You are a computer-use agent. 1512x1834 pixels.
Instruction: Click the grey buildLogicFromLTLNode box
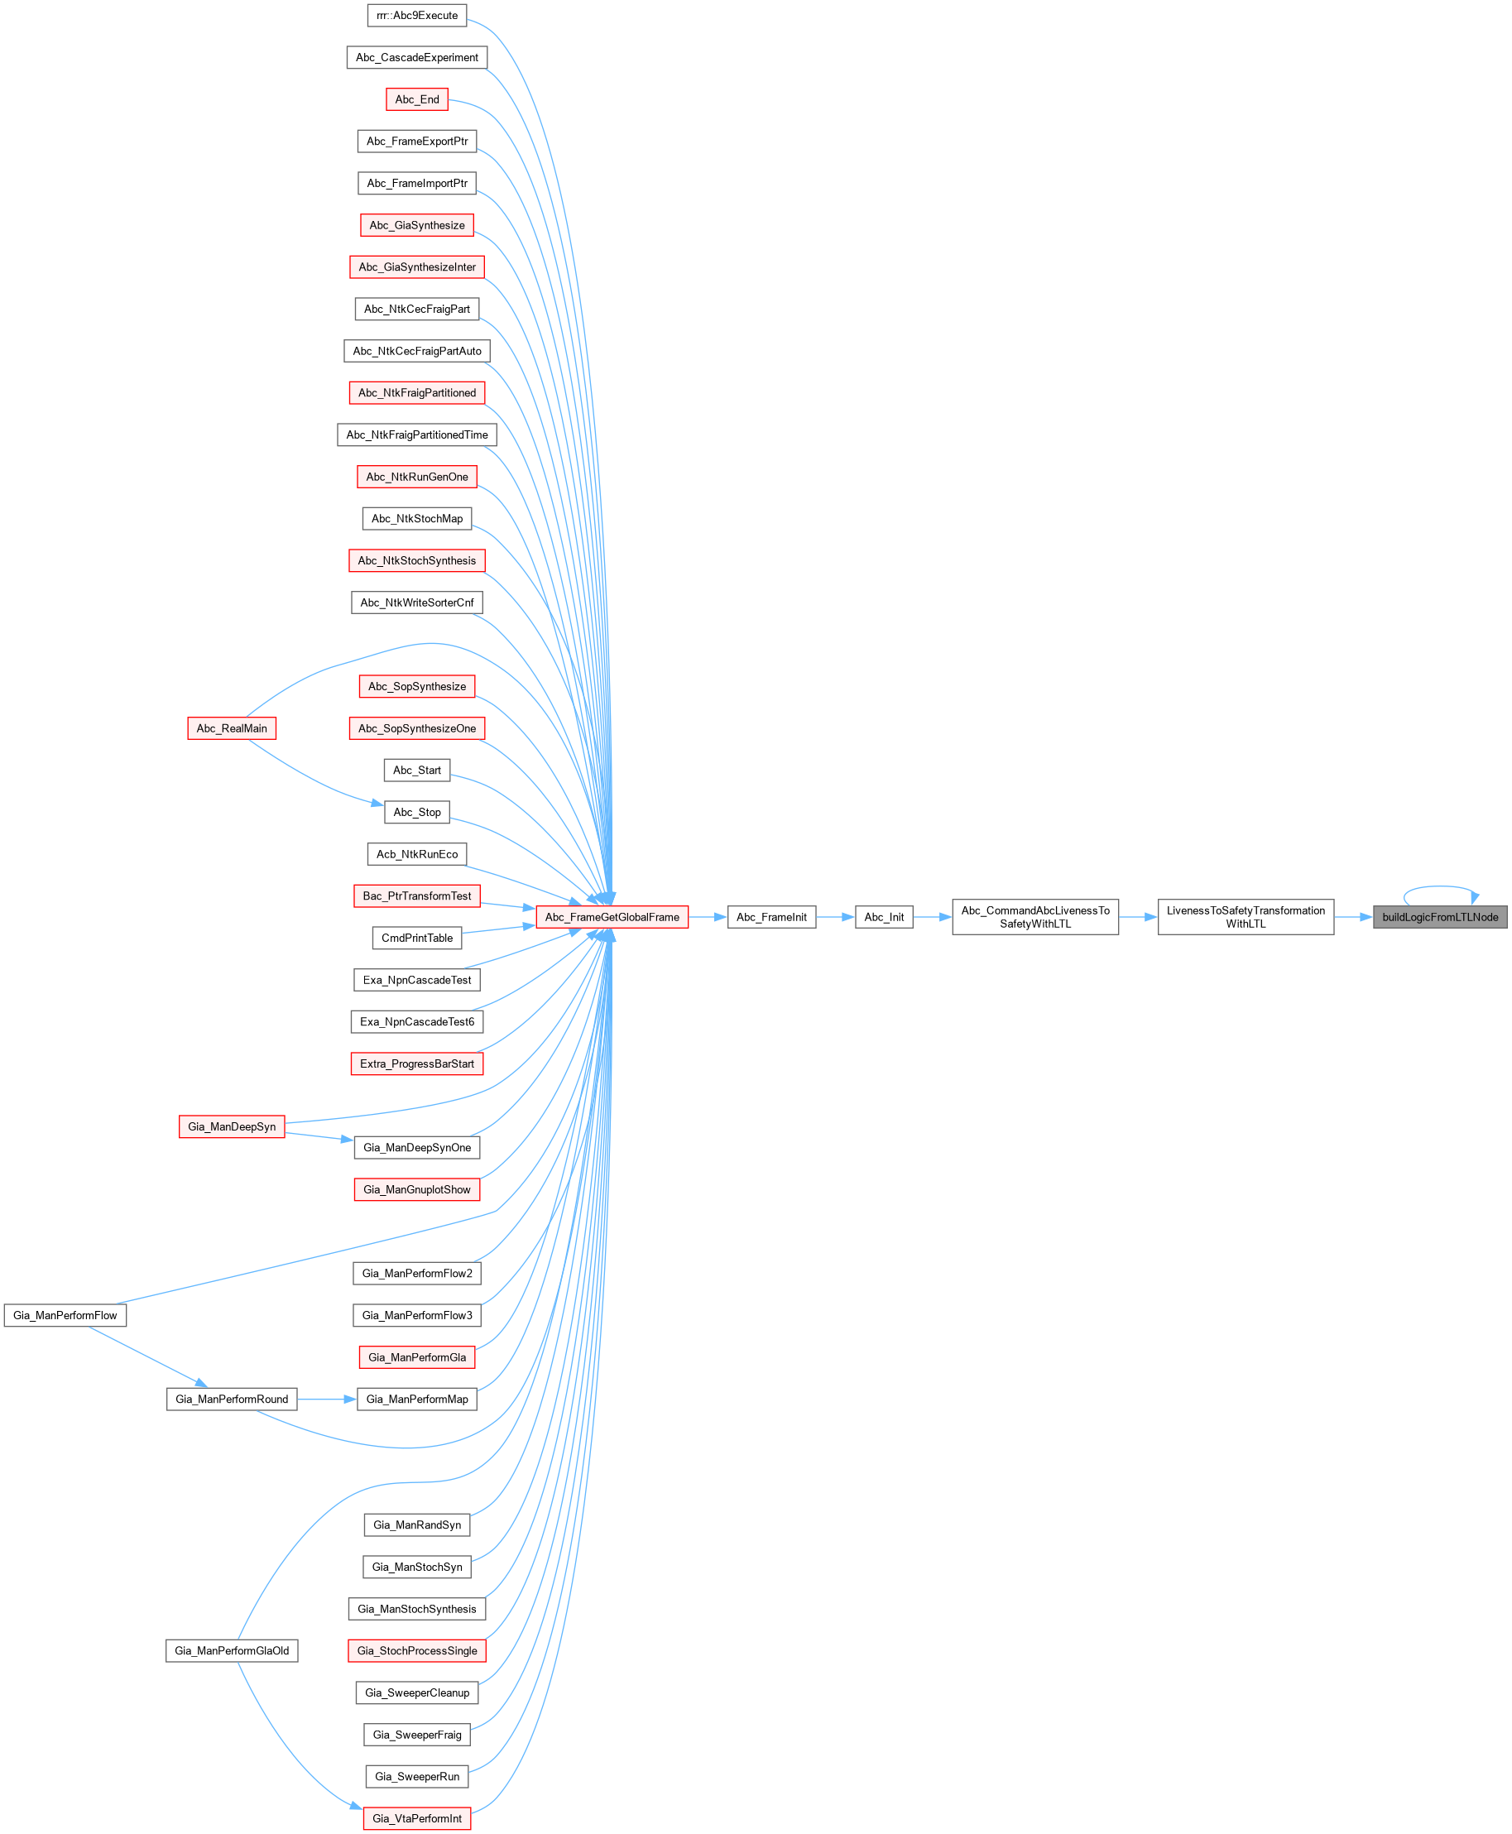click(x=1440, y=917)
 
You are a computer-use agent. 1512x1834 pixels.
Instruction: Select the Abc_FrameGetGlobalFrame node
click(x=612, y=917)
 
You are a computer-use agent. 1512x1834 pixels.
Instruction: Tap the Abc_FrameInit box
click(x=770, y=917)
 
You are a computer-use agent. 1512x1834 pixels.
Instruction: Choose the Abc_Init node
click(x=884, y=917)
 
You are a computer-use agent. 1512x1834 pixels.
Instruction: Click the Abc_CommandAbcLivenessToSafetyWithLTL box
click(x=1034, y=917)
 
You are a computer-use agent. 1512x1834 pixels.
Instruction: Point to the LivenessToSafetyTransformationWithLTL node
click(x=1246, y=917)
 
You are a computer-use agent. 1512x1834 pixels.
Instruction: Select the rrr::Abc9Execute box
click(x=417, y=16)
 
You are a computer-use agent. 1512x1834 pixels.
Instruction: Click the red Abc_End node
click(x=417, y=99)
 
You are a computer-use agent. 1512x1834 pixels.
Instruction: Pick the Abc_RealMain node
click(x=232, y=728)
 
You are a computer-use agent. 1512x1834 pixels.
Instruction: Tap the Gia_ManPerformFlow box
click(x=65, y=1315)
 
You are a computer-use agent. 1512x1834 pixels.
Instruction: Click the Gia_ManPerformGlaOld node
click(x=232, y=1650)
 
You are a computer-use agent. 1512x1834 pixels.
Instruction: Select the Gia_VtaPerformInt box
click(x=417, y=1818)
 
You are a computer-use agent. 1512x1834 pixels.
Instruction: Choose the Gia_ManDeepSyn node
click(x=232, y=1127)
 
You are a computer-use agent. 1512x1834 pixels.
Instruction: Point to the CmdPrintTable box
click(x=417, y=938)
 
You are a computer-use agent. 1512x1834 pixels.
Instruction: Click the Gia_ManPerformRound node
click(x=232, y=1399)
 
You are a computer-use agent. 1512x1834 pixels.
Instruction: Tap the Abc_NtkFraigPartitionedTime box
click(x=417, y=434)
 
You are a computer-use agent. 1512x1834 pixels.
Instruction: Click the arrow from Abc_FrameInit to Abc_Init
click(x=835, y=917)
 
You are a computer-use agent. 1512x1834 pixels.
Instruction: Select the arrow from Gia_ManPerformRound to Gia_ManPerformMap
click(x=327, y=1399)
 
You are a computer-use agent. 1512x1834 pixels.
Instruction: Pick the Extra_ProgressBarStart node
click(x=417, y=1063)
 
